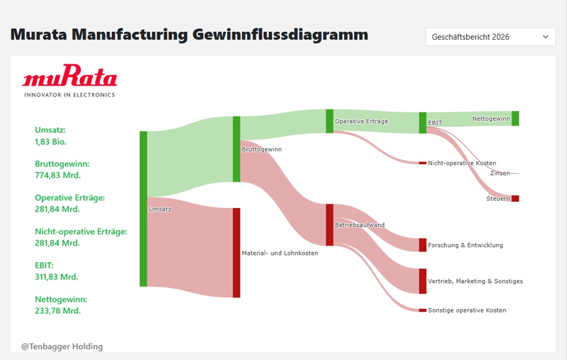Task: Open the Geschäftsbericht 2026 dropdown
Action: [490, 37]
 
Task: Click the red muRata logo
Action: [70, 75]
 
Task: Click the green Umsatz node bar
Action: [144, 209]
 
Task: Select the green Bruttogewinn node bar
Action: [237, 149]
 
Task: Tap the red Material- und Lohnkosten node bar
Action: [237, 252]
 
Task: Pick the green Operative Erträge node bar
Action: [329, 121]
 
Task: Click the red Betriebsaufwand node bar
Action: [329, 225]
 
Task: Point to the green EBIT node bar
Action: [423, 123]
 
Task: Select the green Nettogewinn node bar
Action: [515, 118]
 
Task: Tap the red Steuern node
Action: [515, 198]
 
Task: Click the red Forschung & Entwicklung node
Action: [423, 245]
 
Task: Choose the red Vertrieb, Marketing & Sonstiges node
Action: [423, 281]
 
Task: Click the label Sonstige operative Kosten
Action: [467, 310]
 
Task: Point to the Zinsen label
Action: [500, 173]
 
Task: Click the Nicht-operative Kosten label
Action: [462, 163]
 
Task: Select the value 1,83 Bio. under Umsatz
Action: [50, 142]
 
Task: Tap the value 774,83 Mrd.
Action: [58, 175]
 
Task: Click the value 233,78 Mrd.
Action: [58, 311]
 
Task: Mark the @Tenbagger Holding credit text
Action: [62, 347]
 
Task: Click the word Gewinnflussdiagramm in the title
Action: [280, 35]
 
